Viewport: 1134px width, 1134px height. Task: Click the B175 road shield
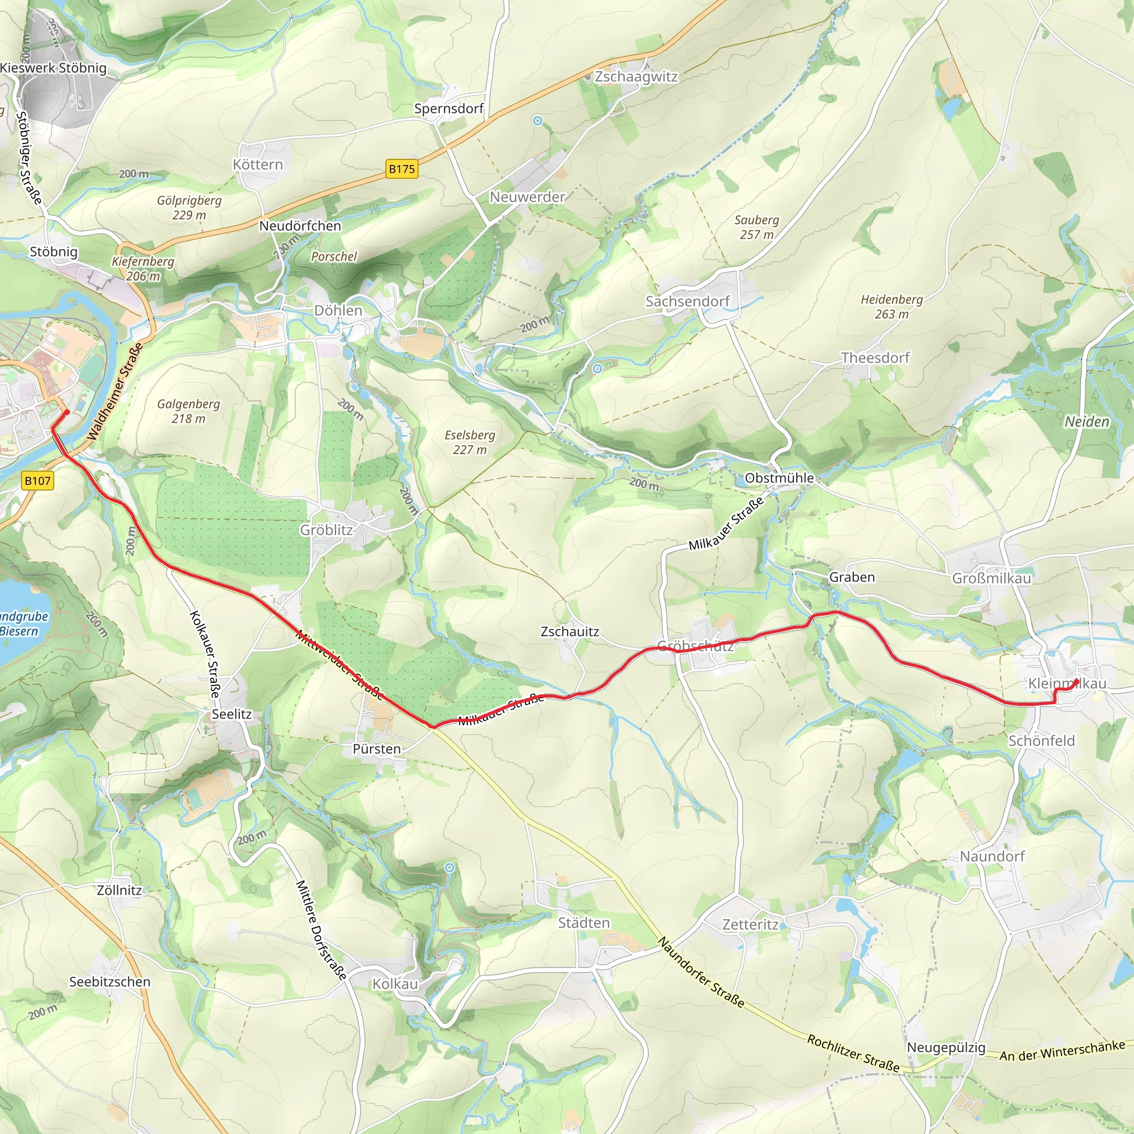[402, 169]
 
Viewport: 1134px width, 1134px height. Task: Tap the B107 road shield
[38, 481]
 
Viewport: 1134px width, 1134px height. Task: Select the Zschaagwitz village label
[636, 77]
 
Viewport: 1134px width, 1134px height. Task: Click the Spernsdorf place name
[449, 109]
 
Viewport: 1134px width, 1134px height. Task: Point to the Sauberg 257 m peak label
[756, 227]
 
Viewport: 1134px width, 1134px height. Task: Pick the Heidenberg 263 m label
[891, 306]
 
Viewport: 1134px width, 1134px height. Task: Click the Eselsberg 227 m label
[470, 442]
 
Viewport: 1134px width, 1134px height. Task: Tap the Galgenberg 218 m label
[188, 411]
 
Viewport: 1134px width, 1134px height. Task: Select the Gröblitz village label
[326, 530]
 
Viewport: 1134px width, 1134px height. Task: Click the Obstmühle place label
[779, 478]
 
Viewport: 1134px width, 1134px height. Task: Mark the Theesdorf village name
[875, 358]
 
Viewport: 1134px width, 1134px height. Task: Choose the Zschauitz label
[570, 632]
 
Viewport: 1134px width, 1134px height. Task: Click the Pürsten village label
[377, 749]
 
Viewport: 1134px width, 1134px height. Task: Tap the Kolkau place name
[395, 984]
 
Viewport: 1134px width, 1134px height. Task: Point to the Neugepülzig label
[946, 1047]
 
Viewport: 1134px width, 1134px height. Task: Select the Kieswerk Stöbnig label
[53, 68]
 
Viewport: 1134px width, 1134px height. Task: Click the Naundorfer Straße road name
[701, 972]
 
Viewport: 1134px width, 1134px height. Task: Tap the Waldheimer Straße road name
[115, 392]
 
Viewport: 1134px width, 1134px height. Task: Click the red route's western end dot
[67, 412]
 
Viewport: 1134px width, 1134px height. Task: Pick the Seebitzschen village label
[110, 981]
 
